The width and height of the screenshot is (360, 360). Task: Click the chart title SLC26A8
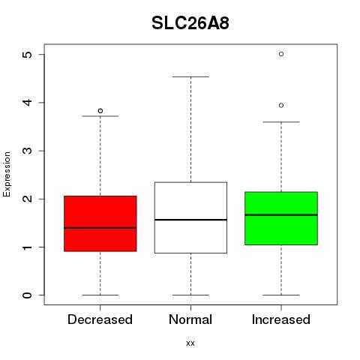pyautogui.click(x=190, y=23)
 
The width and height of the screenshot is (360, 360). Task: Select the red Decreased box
pyautogui.click(x=100, y=223)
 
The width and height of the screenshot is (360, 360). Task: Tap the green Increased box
pyautogui.click(x=281, y=218)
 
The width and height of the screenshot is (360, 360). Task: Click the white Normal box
pyautogui.click(x=190, y=217)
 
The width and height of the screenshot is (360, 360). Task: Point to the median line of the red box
pyautogui.click(x=100, y=228)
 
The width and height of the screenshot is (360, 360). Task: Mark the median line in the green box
pyautogui.click(x=281, y=214)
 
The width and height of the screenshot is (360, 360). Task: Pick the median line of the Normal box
pyautogui.click(x=190, y=220)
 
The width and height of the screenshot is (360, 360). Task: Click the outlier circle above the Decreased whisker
pyautogui.click(x=100, y=111)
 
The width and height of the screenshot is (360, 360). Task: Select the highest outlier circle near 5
pyautogui.click(x=281, y=54)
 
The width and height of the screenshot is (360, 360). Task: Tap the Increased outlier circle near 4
pyautogui.click(x=281, y=106)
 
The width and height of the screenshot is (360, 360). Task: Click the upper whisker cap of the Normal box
pyautogui.click(x=190, y=76)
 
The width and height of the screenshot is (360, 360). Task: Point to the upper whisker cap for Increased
pyautogui.click(x=281, y=122)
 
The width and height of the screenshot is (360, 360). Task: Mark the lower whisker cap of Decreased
pyautogui.click(x=100, y=295)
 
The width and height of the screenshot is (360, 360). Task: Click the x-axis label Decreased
pyautogui.click(x=100, y=319)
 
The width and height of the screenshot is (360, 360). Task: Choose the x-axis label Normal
pyautogui.click(x=190, y=319)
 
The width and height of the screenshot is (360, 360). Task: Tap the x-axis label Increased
pyautogui.click(x=281, y=319)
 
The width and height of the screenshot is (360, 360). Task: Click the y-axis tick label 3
pyautogui.click(x=28, y=151)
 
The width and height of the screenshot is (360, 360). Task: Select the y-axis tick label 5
pyautogui.click(x=28, y=55)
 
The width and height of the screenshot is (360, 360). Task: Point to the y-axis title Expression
pyautogui.click(x=7, y=174)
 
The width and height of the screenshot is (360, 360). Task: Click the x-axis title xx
pyautogui.click(x=190, y=343)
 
